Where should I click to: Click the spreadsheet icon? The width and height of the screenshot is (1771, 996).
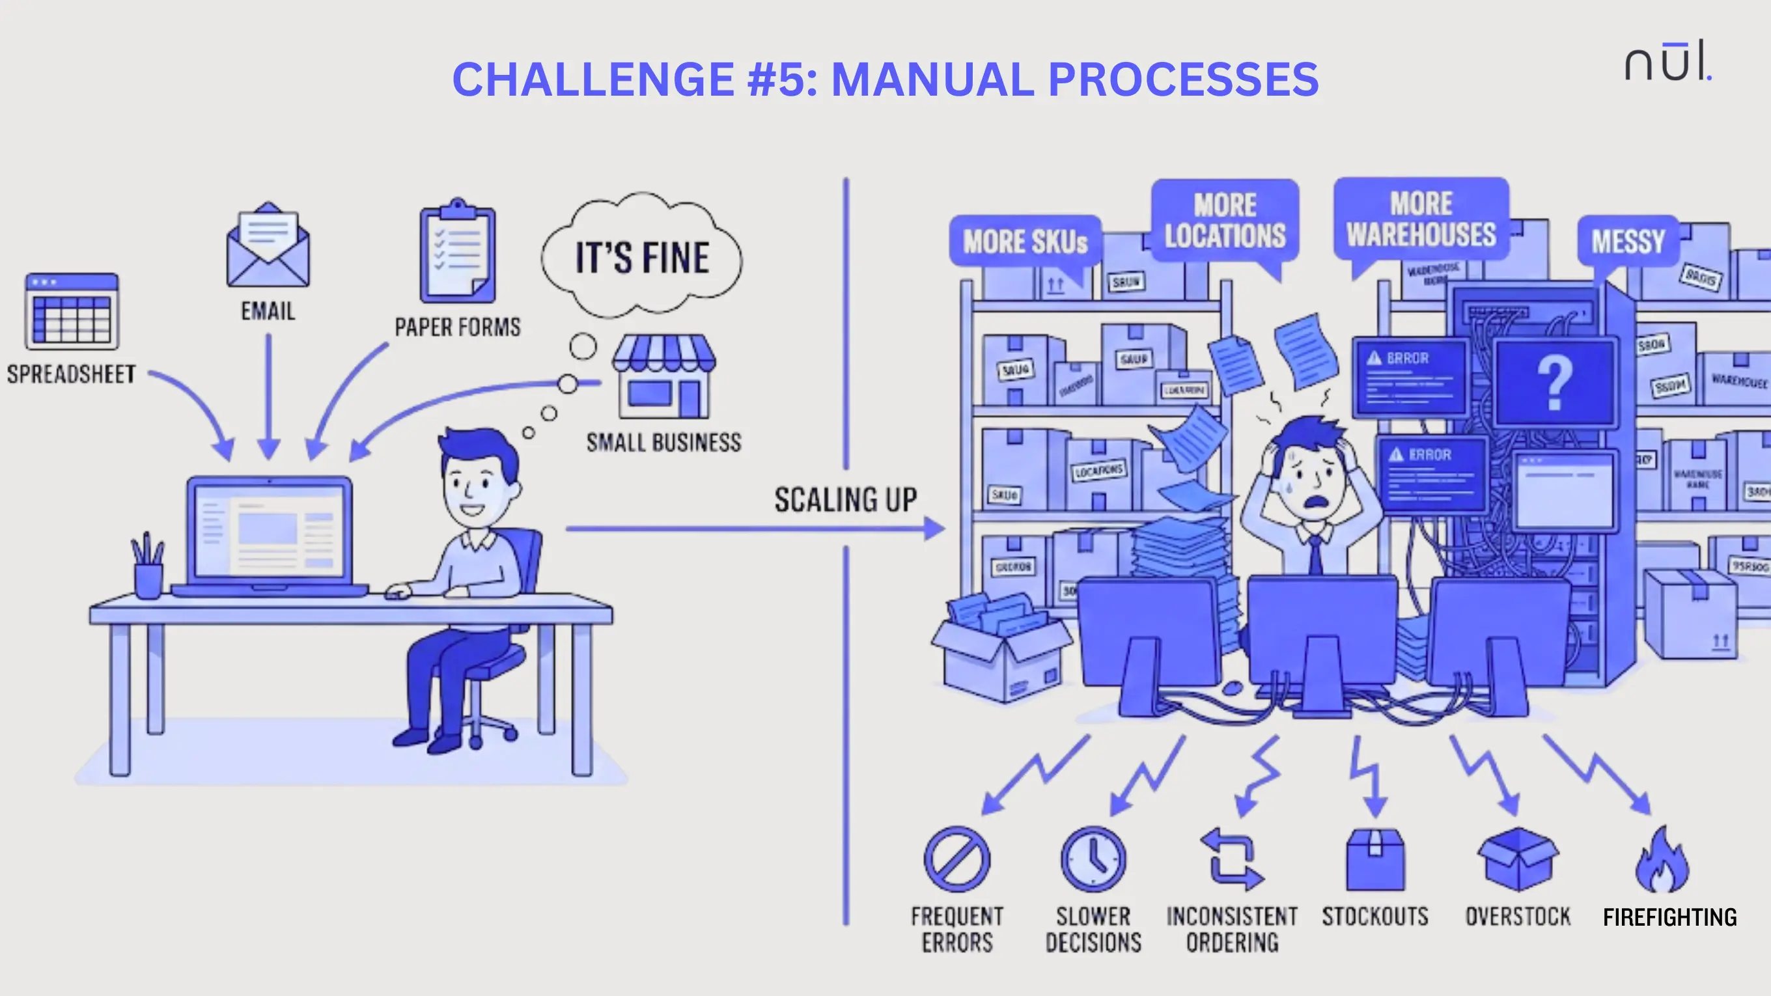[72, 311]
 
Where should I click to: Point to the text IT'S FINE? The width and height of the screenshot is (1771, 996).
[642, 258]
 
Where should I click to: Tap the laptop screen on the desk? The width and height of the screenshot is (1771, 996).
[270, 530]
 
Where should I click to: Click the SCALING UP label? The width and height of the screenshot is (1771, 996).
[846, 500]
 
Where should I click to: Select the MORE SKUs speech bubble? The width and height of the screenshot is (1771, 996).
[1025, 242]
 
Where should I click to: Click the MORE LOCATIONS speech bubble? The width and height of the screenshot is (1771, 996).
[1225, 221]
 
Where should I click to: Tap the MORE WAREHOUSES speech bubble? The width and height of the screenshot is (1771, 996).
[1421, 219]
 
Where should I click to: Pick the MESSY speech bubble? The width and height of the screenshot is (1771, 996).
[1627, 242]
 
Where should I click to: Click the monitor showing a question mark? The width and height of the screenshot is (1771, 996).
[1554, 383]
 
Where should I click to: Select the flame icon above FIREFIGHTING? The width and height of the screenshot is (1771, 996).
[1662, 862]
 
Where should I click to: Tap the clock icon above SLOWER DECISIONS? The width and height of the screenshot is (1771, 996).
[1093, 859]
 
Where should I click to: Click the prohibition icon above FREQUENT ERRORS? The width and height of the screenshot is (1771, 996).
[957, 859]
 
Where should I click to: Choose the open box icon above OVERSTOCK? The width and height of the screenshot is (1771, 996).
[1518, 859]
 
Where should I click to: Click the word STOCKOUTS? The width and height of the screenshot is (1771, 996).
[1375, 917]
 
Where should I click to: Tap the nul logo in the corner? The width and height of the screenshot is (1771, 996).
[1668, 62]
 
